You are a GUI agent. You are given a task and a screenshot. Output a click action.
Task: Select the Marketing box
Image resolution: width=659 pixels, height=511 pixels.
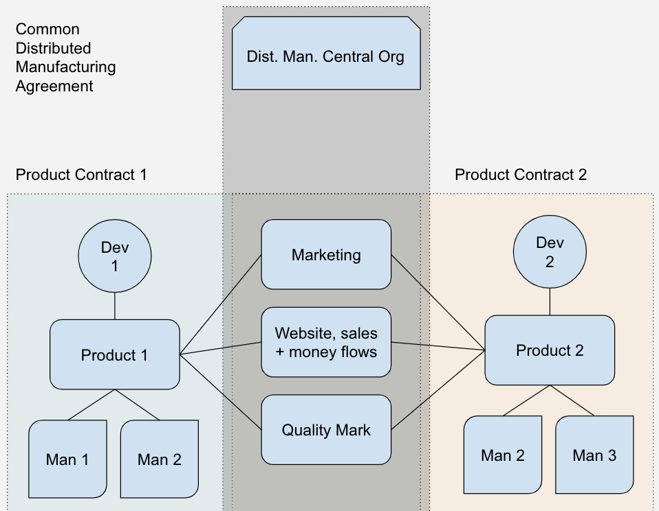pyautogui.click(x=326, y=255)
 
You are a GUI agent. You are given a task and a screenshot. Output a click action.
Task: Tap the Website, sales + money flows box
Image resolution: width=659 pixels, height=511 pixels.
pyautogui.click(x=326, y=342)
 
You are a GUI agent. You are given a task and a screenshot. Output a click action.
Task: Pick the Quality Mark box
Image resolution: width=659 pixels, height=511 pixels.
pyautogui.click(x=326, y=430)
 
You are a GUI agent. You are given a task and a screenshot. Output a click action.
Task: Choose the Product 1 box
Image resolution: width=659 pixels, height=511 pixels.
pyautogui.click(x=114, y=355)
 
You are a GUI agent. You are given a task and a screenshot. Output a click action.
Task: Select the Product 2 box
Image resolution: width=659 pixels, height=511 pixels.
pyautogui.click(x=549, y=350)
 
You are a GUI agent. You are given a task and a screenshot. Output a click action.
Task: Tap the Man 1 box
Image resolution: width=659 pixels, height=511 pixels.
pyautogui.click(x=67, y=459)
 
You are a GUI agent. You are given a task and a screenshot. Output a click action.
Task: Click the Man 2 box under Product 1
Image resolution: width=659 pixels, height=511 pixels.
pyautogui.click(x=159, y=459)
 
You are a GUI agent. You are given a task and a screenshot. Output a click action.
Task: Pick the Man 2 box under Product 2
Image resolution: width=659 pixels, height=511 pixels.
pyautogui.click(x=502, y=455)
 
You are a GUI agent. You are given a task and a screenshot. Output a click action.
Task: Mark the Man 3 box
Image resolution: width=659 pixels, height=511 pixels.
pyautogui.click(x=594, y=455)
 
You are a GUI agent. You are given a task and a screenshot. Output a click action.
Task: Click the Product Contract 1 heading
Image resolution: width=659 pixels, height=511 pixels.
pyautogui.click(x=81, y=174)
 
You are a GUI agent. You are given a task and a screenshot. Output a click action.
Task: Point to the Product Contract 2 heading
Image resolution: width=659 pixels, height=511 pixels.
pyautogui.click(x=521, y=174)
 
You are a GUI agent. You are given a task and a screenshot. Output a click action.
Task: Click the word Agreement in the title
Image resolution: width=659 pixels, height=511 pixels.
pyautogui.click(x=54, y=87)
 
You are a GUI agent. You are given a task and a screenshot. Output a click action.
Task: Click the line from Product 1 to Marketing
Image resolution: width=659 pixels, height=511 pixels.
pyautogui.click(x=220, y=305)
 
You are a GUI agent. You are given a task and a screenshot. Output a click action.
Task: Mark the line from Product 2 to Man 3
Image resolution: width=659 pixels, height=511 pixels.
pyautogui.click(x=572, y=400)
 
